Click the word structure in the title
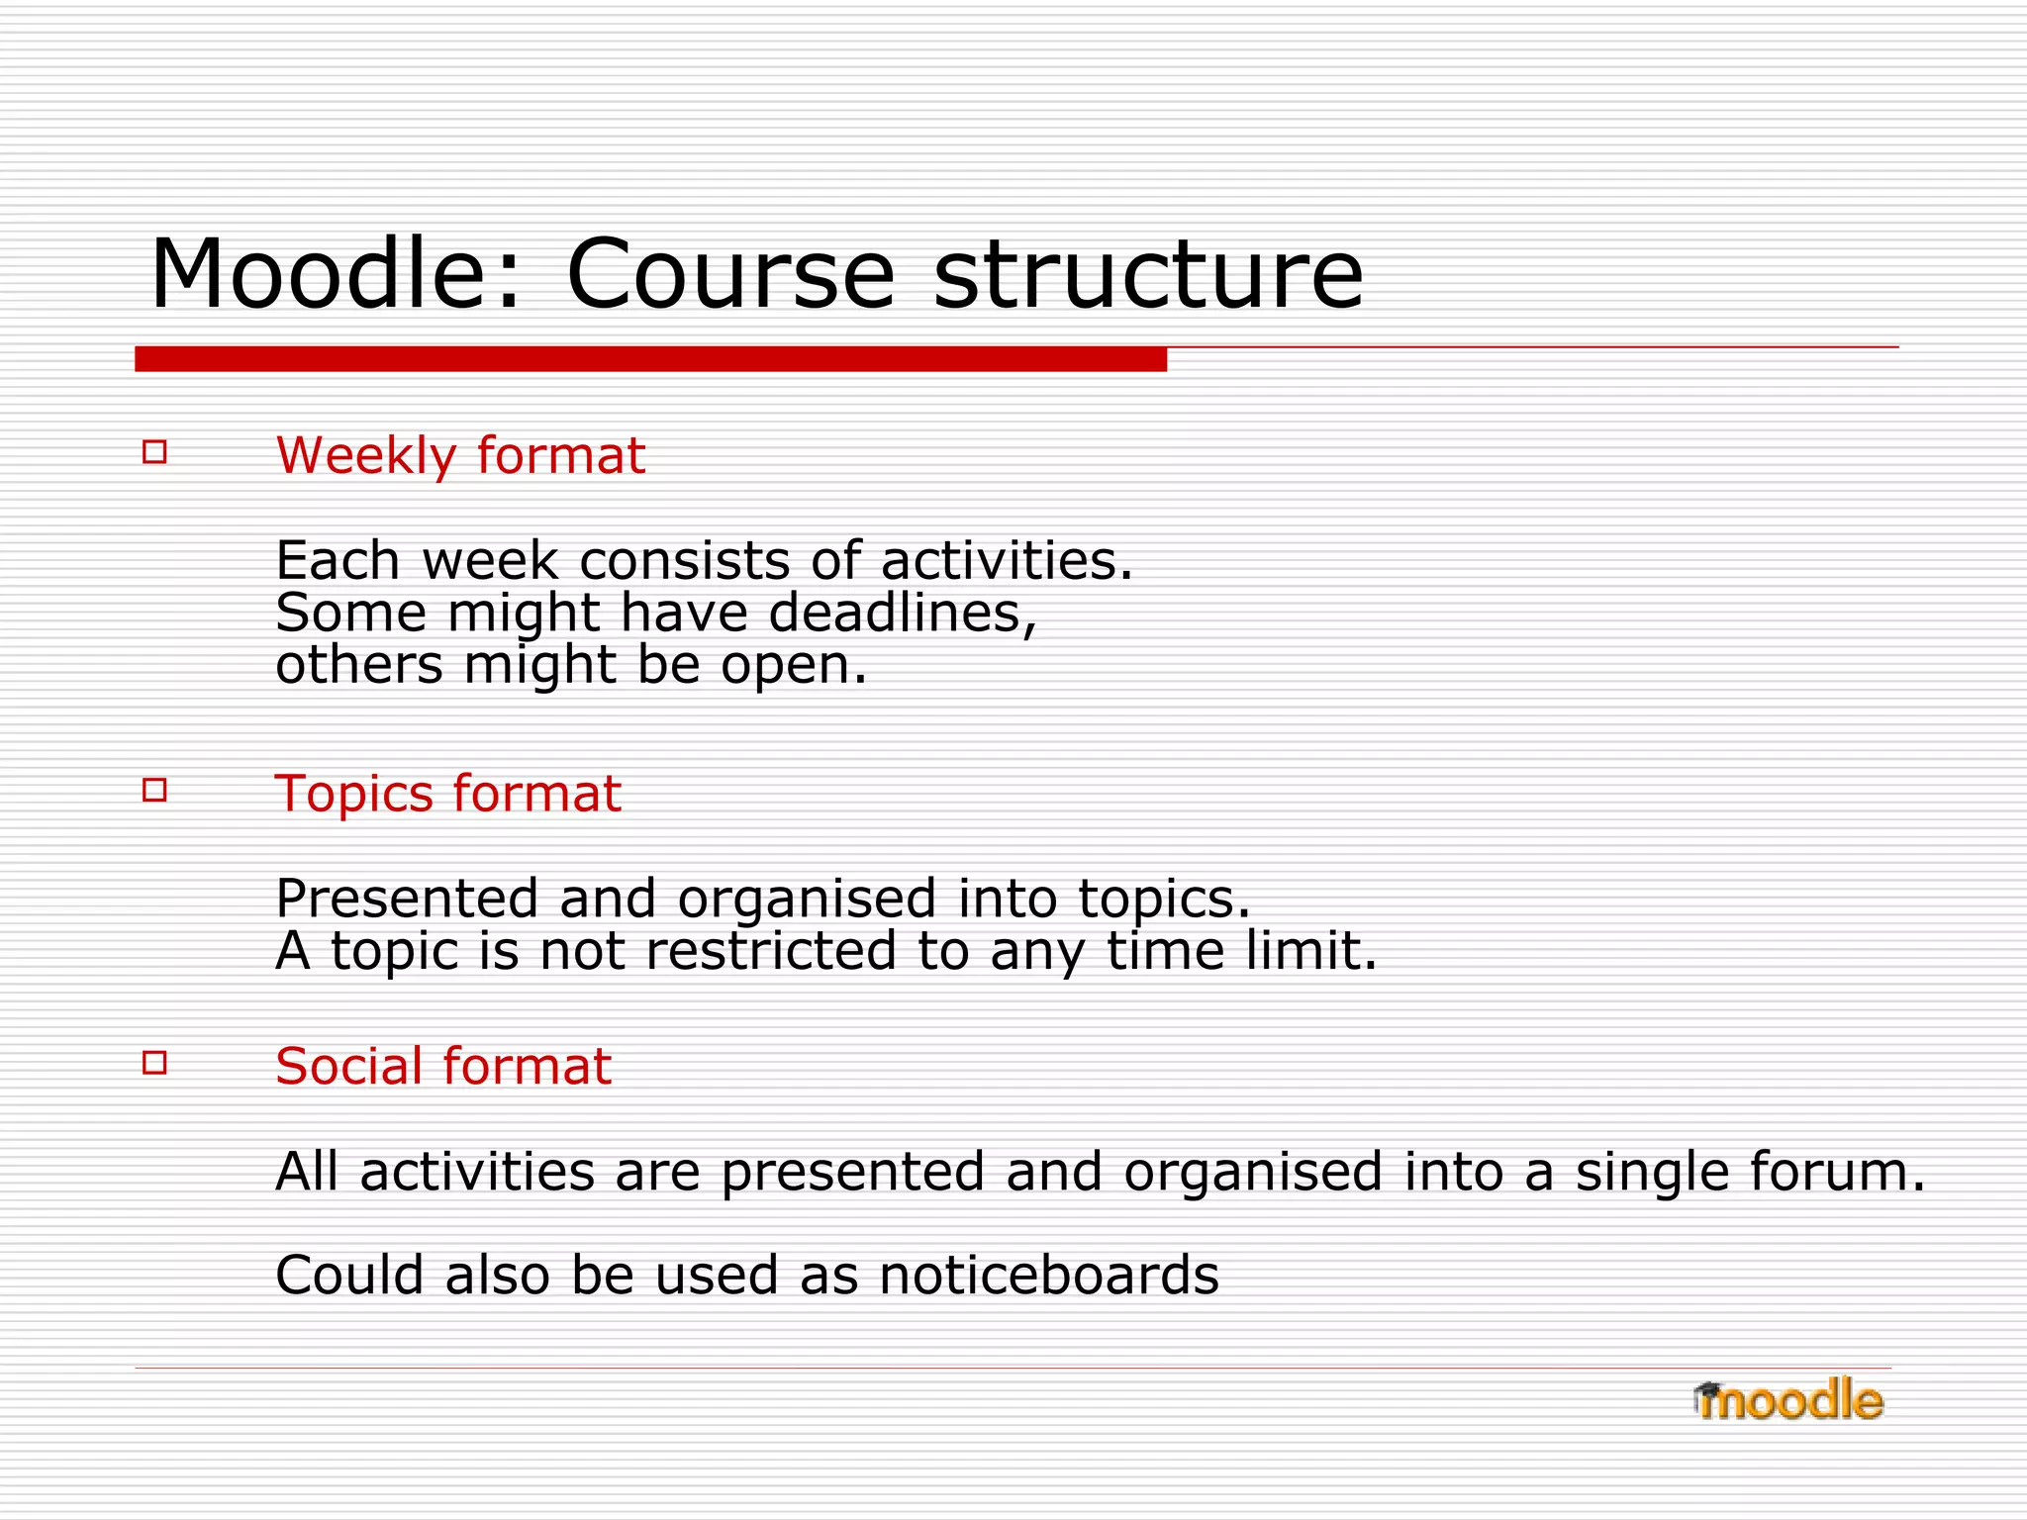pos(1148,274)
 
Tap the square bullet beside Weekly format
pos(154,452)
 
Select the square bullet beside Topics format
pos(154,790)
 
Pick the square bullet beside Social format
pos(154,1063)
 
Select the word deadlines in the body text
pos(902,613)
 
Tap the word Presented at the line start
pos(406,899)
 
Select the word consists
pos(683,561)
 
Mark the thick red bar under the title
pos(650,359)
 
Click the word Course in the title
pos(729,274)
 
